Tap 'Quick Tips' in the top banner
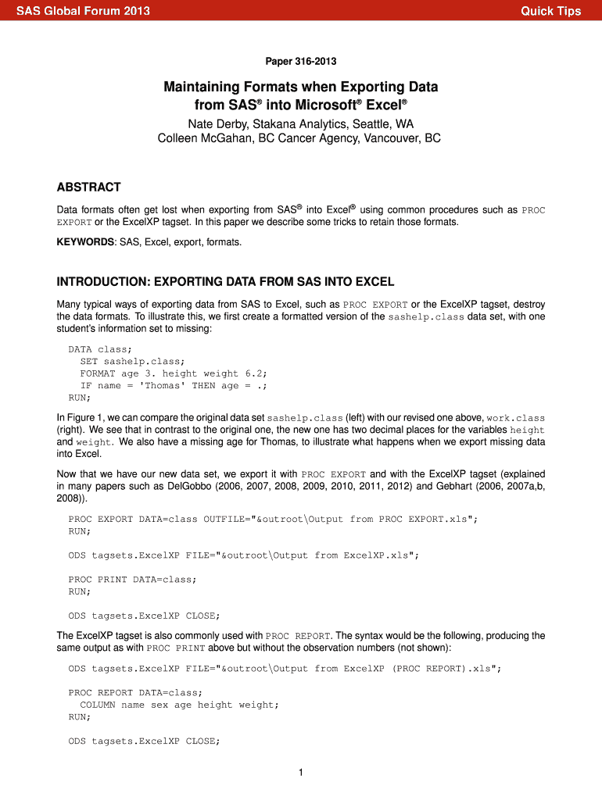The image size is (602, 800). point(551,11)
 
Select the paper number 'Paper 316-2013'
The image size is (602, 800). point(301,61)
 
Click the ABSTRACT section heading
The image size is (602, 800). point(89,187)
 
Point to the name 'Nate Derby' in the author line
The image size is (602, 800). point(215,125)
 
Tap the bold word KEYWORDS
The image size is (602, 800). point(85,242)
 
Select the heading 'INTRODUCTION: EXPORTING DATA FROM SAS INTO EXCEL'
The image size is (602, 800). point(226,281)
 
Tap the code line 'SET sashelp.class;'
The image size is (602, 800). point(133,361)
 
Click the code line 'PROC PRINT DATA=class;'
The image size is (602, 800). point(133,579)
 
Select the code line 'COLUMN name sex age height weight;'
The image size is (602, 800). point(179,705)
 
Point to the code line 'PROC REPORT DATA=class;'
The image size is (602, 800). point(135,692)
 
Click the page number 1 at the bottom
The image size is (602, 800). point(301,773)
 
